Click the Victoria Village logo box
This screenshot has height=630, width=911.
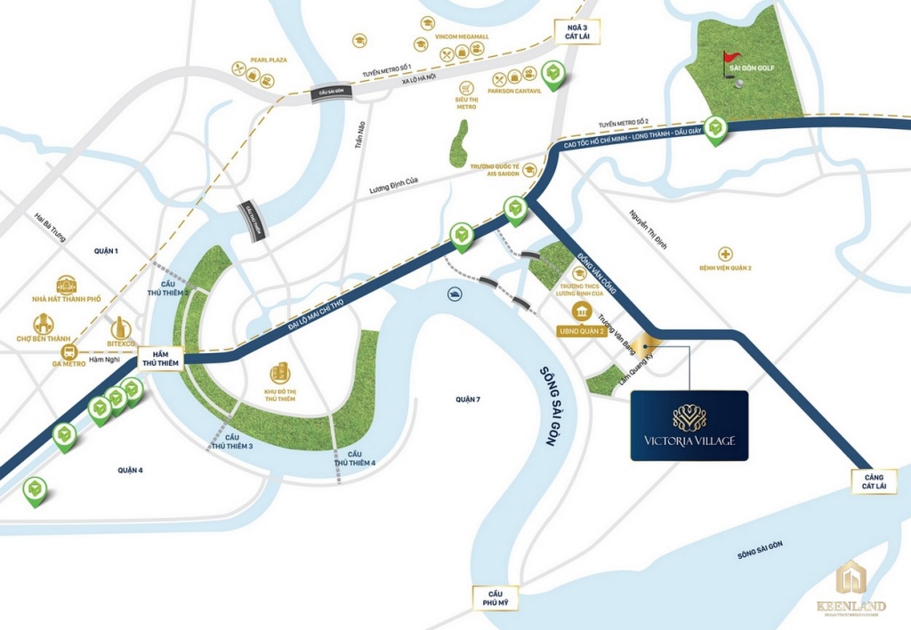click(x=689, y=425)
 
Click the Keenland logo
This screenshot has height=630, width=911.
click(x=851, y=587)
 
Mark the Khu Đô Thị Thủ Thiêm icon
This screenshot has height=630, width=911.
click(x=281, y=374)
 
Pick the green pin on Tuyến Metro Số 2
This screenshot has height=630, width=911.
click(x=715, y=129)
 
